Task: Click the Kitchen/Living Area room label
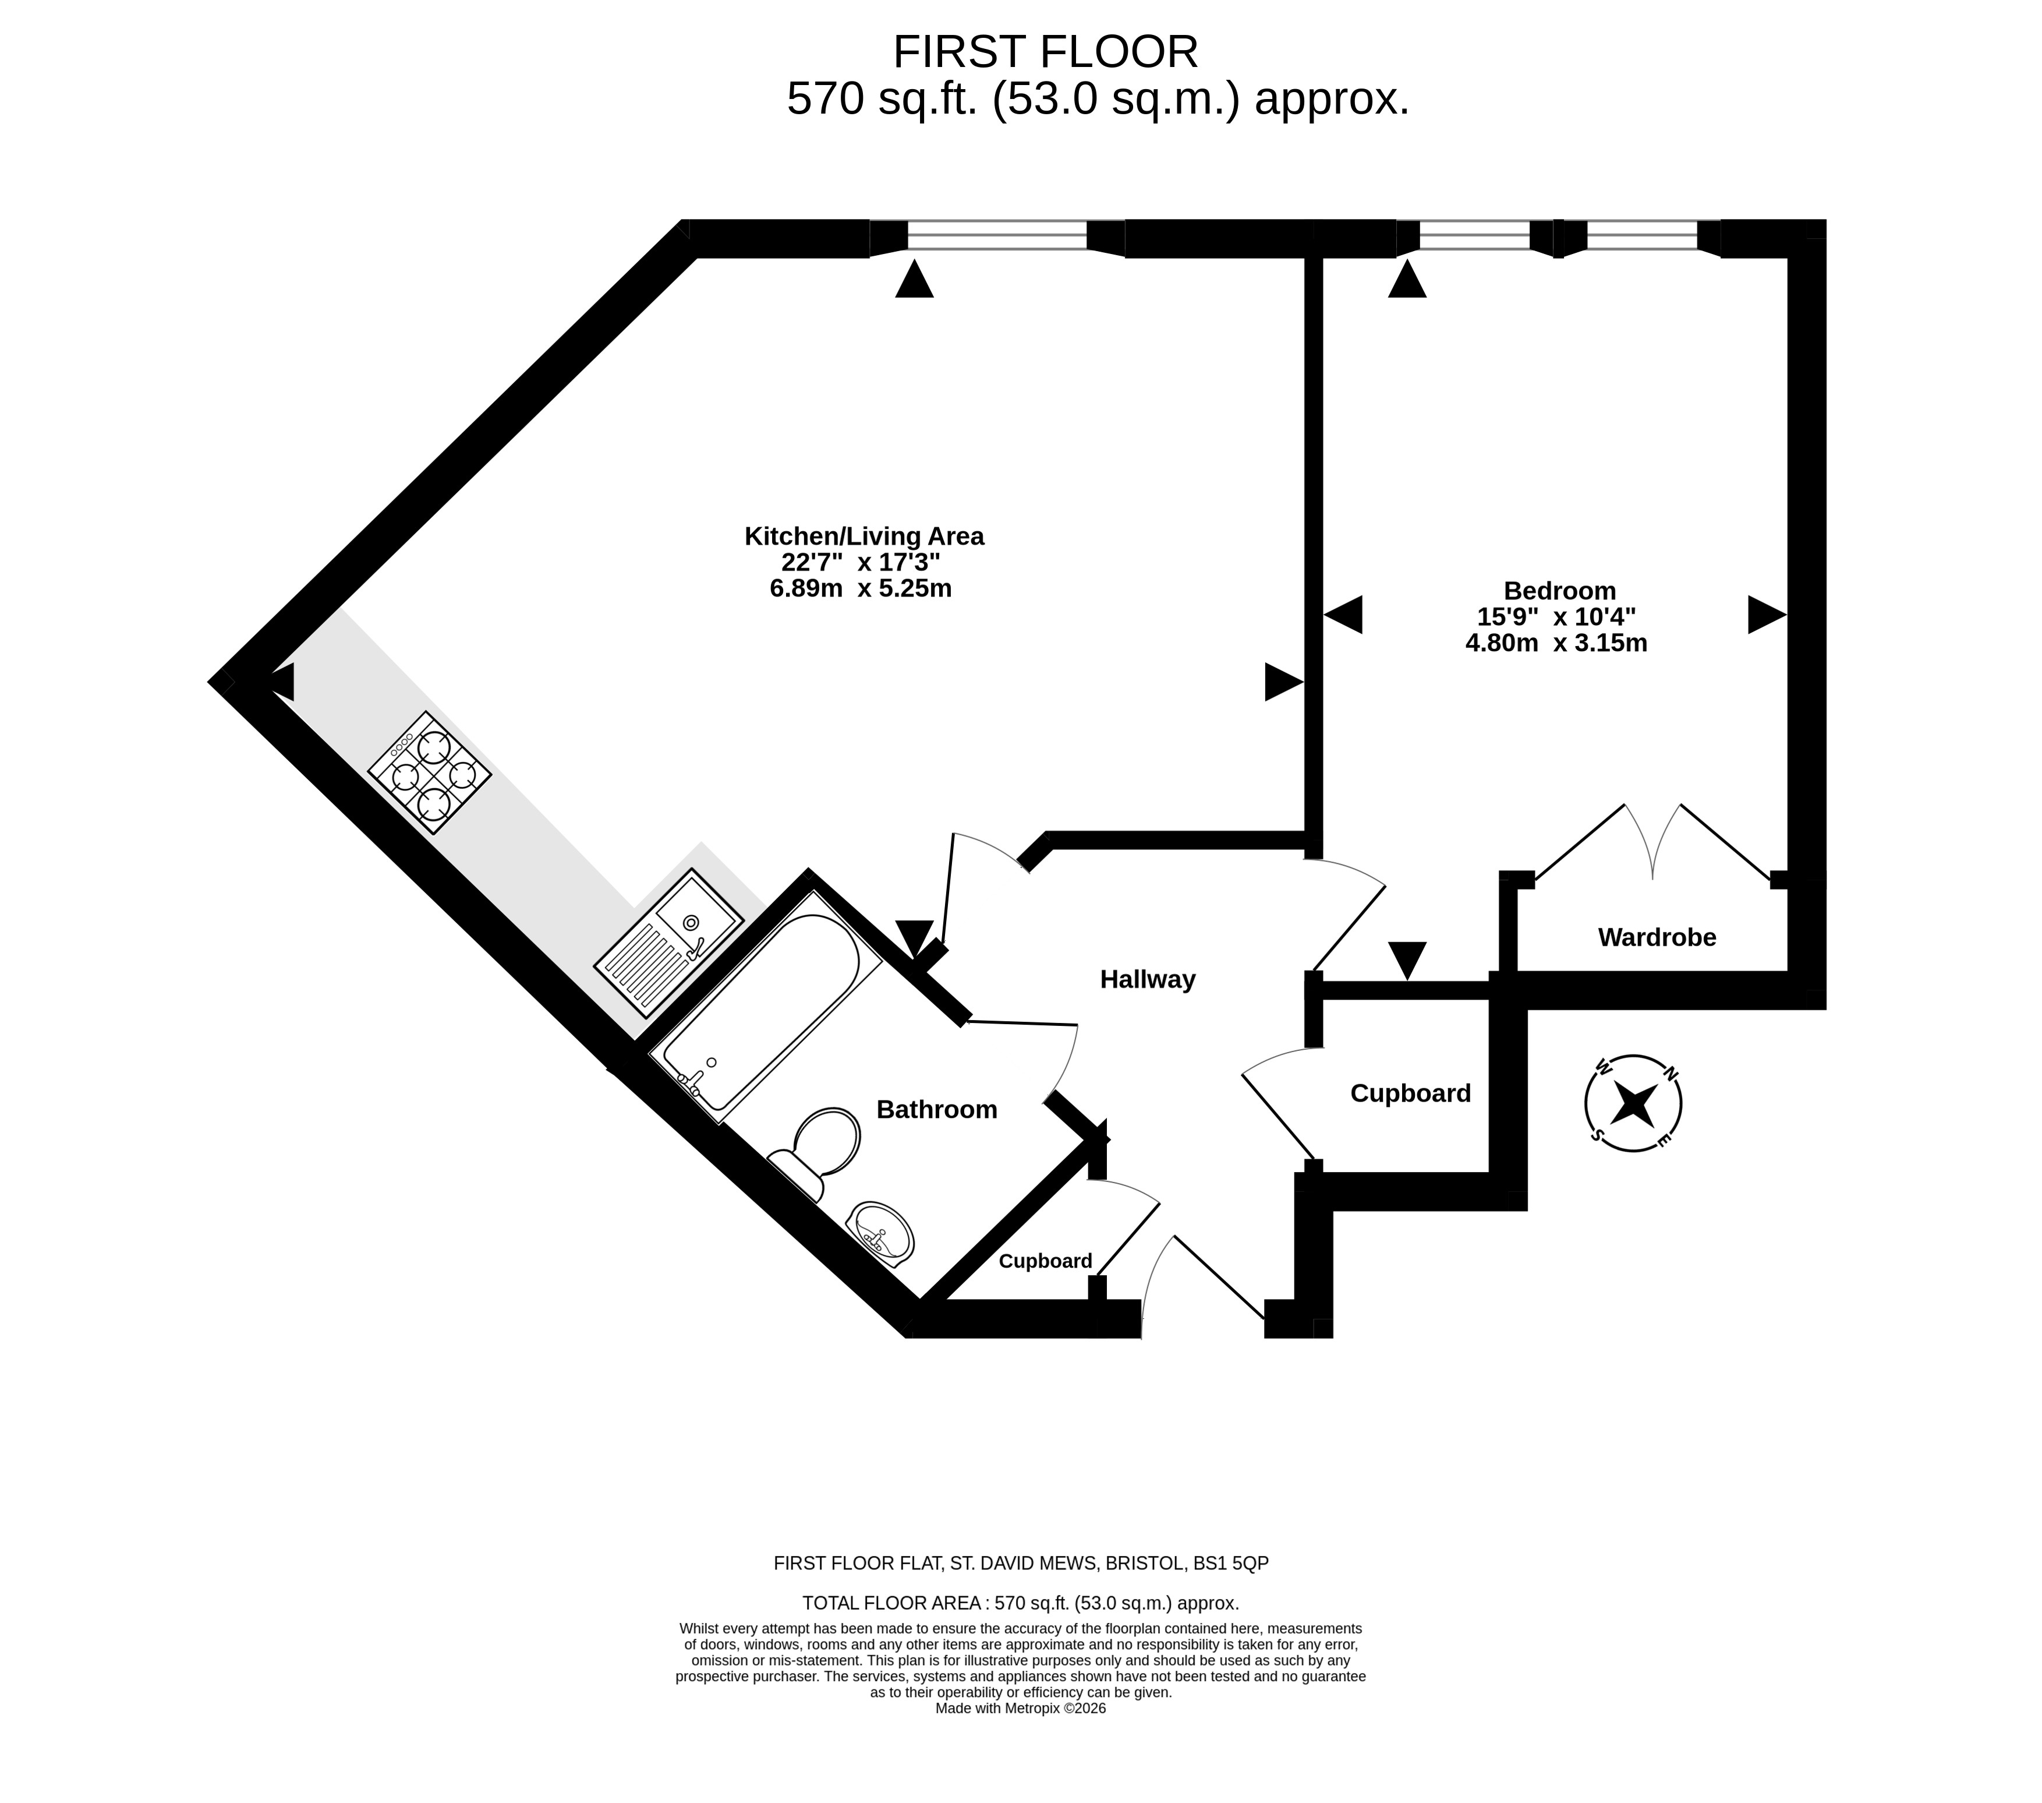pos(864,537)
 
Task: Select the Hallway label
pos(1148,979)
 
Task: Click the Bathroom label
pos(937,1109)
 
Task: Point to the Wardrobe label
pos(1657,937)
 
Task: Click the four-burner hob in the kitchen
pos(430,772)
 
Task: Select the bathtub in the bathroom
pos(765,1007)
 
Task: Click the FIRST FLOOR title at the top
pos(1045,52)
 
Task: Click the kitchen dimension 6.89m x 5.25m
pos(860,589)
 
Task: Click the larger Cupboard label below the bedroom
pos(1411,1093)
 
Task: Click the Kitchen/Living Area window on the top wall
pos(997,236)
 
